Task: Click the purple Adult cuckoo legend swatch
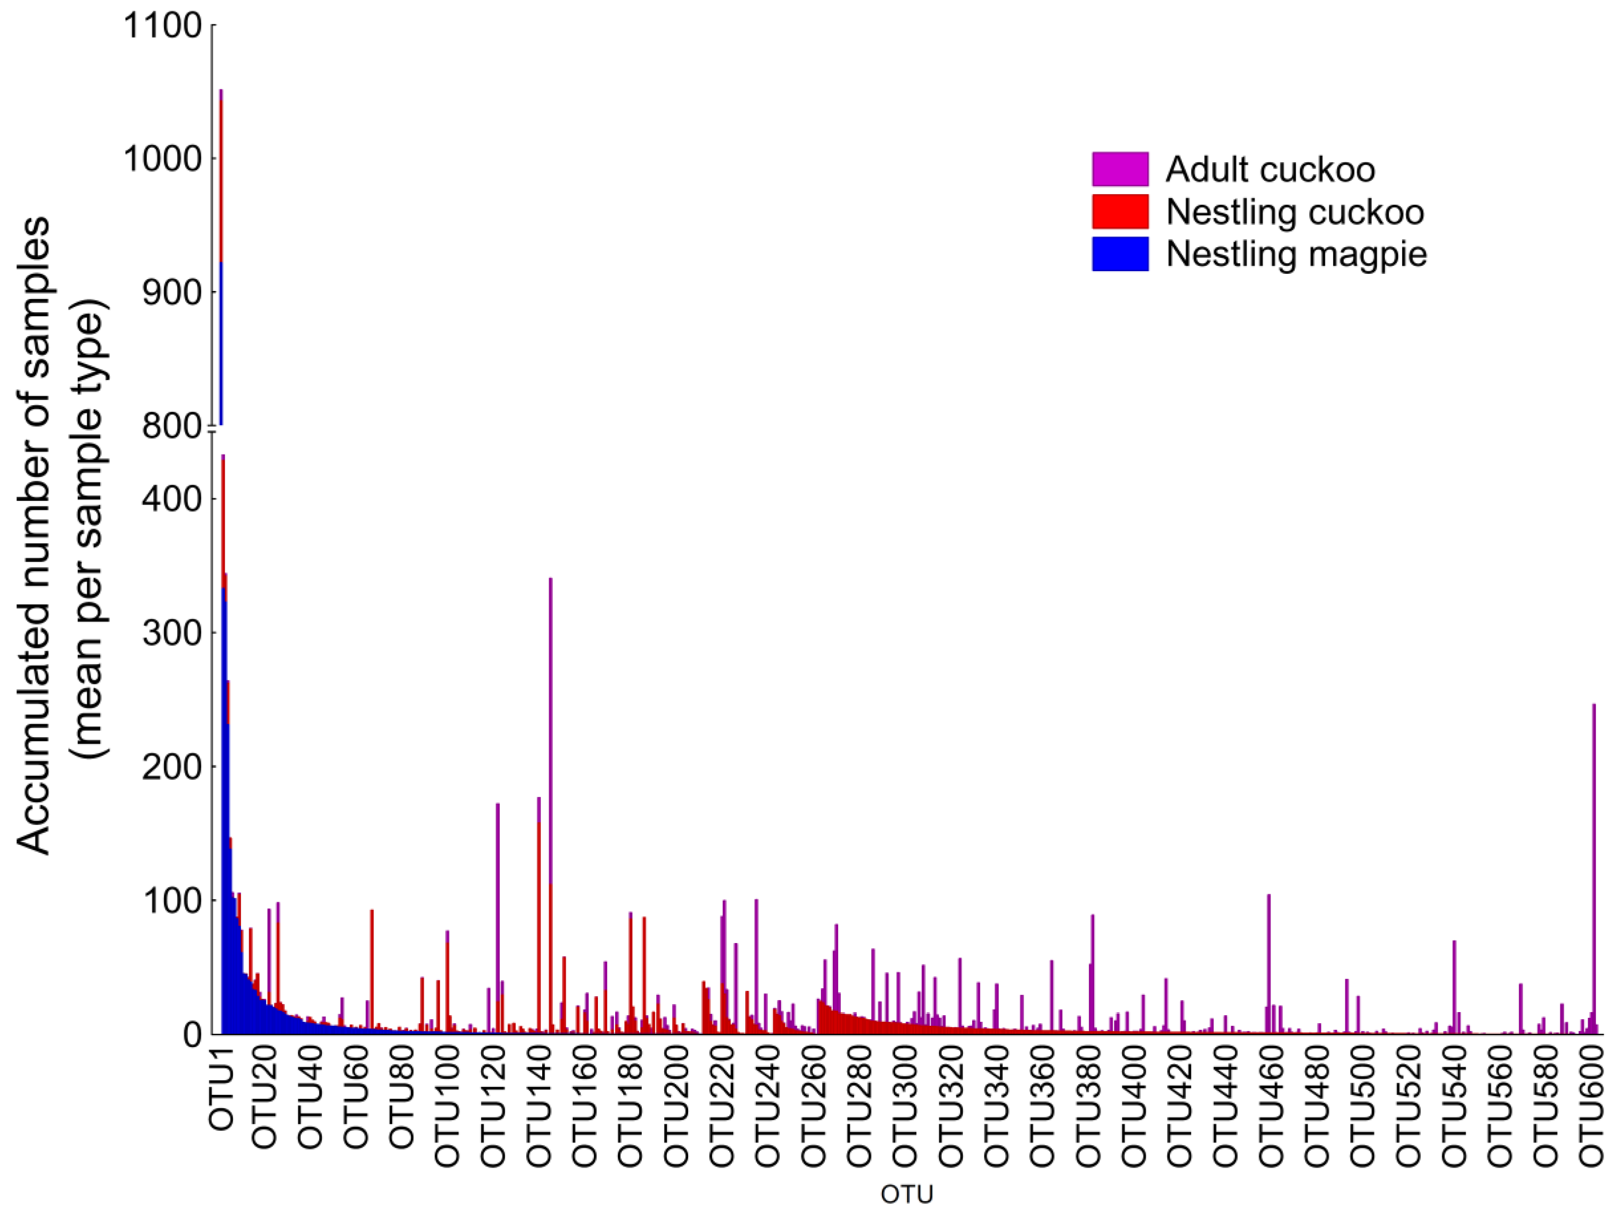(1120, 169)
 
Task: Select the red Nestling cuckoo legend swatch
(1120, 212)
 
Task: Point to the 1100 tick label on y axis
(163, 27)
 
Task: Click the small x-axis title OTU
(907, 1195)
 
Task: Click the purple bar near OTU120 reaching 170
(497, 916)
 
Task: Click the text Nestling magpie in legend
(1296, 254)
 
